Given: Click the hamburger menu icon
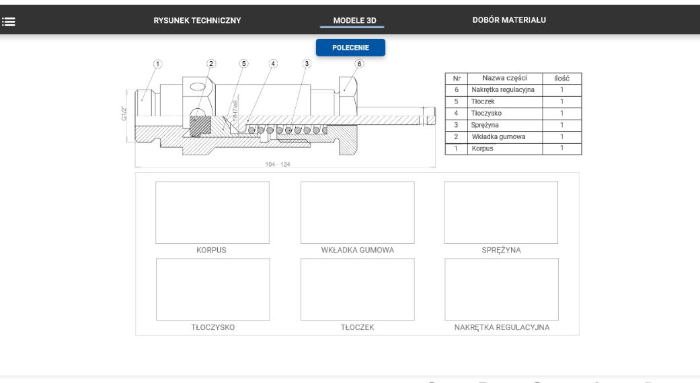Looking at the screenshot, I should point(9,21).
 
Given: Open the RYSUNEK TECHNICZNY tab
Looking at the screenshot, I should point(197,20).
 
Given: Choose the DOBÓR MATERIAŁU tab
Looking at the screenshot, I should point(509,19).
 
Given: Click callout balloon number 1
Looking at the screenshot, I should point(158,64).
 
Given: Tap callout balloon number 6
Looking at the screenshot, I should point(359,64).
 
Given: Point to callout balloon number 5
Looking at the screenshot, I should point(243,64).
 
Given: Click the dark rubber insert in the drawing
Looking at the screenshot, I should point(200,126).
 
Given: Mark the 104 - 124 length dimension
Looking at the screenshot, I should point(277,164).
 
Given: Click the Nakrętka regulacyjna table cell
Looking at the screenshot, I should point(503,89).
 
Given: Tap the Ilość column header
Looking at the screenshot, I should point(561,78).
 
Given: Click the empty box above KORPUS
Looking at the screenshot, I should point(212,212).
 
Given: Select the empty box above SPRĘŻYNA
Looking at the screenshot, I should point(501,212).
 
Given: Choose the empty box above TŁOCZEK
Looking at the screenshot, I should point(357,289).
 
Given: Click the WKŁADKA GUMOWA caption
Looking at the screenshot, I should point(358,250).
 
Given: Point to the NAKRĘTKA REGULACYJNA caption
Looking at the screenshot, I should point(502,327).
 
